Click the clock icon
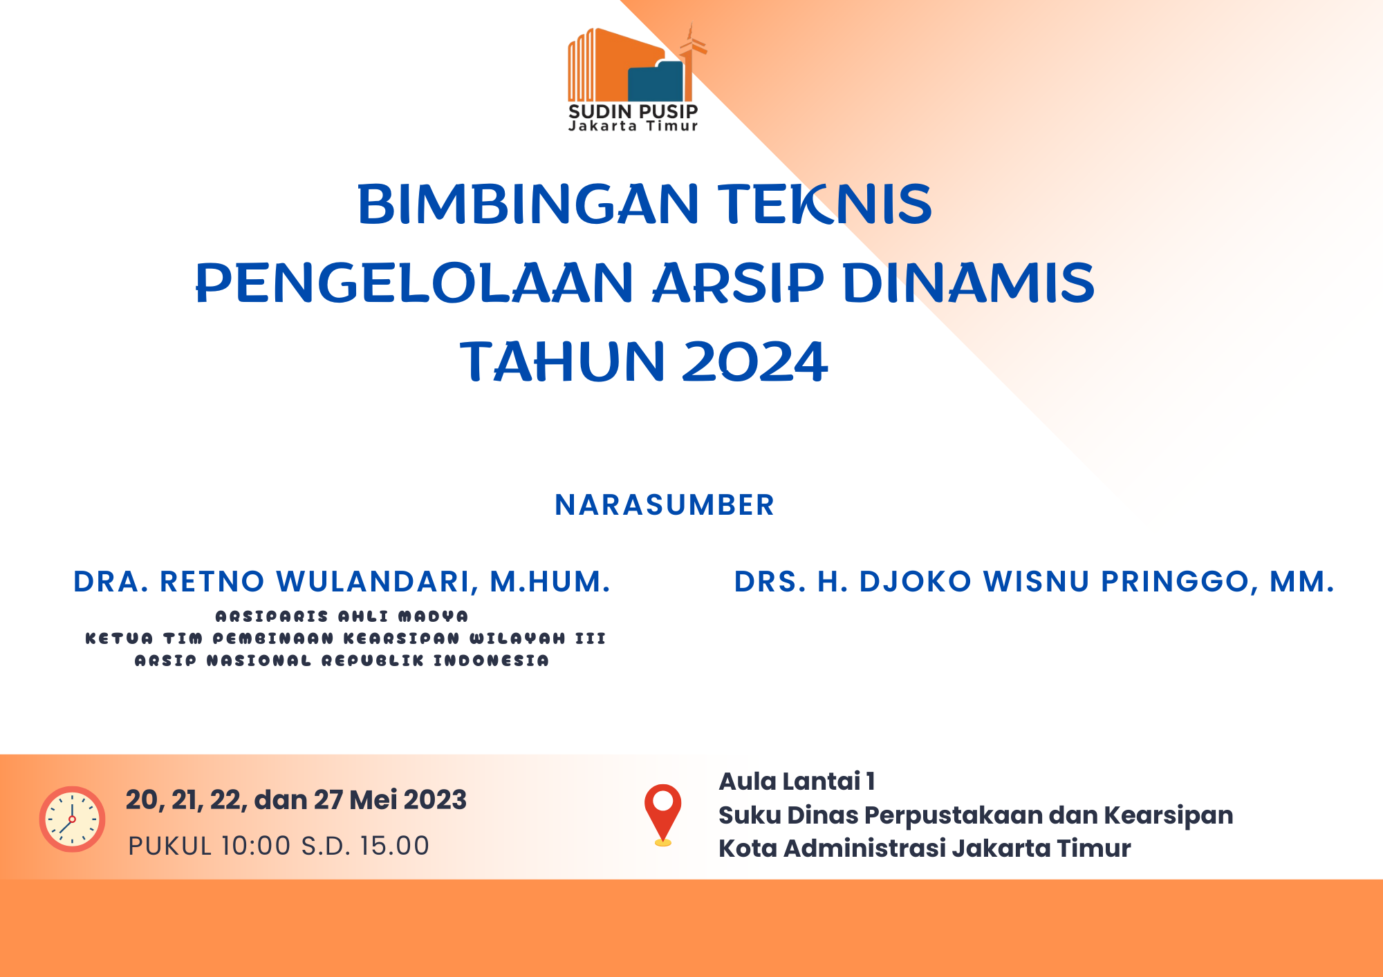click(x=72, y=819)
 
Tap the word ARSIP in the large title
click(x=739, y=283)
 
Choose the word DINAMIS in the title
click(x=968, y=283)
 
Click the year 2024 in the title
click(x=754, y=361)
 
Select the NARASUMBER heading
click(x=665, y=505)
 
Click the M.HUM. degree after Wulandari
click(x=550, y=582)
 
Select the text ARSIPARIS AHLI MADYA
click(x=342, y=616)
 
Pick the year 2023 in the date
click(x=435, y=800)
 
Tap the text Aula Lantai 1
click(x=797, y=781)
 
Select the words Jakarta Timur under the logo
click(x=633, y=126)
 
